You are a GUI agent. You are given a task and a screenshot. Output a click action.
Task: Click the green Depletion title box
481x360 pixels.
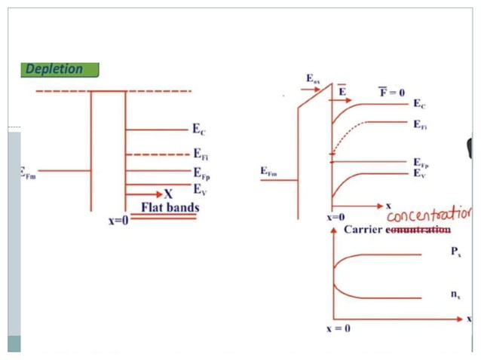[59, 69]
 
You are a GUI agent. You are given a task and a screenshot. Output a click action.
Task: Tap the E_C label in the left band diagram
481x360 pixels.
[200, 131]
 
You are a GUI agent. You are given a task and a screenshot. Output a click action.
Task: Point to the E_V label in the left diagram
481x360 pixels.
[200, 189]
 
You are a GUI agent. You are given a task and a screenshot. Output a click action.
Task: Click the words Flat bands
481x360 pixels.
[170, 207]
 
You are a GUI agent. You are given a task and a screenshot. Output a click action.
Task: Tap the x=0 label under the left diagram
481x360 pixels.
[118, 221]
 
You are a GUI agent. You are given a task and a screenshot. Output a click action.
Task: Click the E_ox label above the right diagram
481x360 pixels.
[314, 78]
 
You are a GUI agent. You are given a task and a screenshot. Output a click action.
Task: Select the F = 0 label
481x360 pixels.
[391, 93]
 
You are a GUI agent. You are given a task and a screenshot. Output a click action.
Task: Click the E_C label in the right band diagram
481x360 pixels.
[420, 105]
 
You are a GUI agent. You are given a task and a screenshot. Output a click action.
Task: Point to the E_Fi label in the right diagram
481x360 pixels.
[421, 126]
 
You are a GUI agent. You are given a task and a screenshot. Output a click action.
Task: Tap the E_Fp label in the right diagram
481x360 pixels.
[421, 163]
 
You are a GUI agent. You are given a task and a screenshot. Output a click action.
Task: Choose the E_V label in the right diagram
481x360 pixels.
[420, 173]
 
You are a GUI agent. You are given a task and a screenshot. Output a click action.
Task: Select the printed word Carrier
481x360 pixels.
[363, 229]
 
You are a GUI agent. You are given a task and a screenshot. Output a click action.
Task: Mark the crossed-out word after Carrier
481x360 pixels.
[418, 229]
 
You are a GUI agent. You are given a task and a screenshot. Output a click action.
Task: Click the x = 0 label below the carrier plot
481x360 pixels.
[338, 329]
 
